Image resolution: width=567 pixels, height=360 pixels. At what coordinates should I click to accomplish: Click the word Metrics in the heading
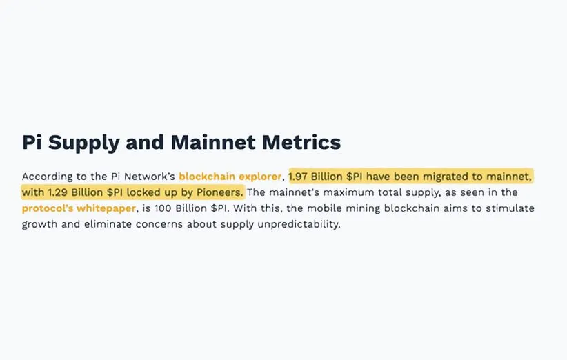click(x=301, y=142)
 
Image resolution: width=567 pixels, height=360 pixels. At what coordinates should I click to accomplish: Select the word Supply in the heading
click(x=83, y=143)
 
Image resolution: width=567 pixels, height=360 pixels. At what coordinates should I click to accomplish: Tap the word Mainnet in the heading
click(x=213, y=142)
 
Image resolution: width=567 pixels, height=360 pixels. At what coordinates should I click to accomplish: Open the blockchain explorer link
click(x=230, y=177)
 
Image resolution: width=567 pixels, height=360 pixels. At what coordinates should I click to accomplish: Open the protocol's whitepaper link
click(x=79, y=208)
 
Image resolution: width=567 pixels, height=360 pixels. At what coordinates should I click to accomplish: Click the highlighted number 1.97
click(x=298, y=177)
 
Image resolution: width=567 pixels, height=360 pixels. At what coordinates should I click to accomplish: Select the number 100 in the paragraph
click(x=163, y=208)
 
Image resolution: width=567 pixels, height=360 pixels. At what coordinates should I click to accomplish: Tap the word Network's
click(x=150, y=177)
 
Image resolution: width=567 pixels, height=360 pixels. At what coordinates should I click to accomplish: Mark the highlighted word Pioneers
click(x=219, y=192)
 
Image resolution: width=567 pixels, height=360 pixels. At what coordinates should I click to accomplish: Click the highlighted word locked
click(x=144, y=192)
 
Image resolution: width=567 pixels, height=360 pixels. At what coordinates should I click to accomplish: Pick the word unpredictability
click(x=299, y=224)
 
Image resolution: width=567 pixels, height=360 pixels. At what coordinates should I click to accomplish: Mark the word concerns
click(x=159, y=224)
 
